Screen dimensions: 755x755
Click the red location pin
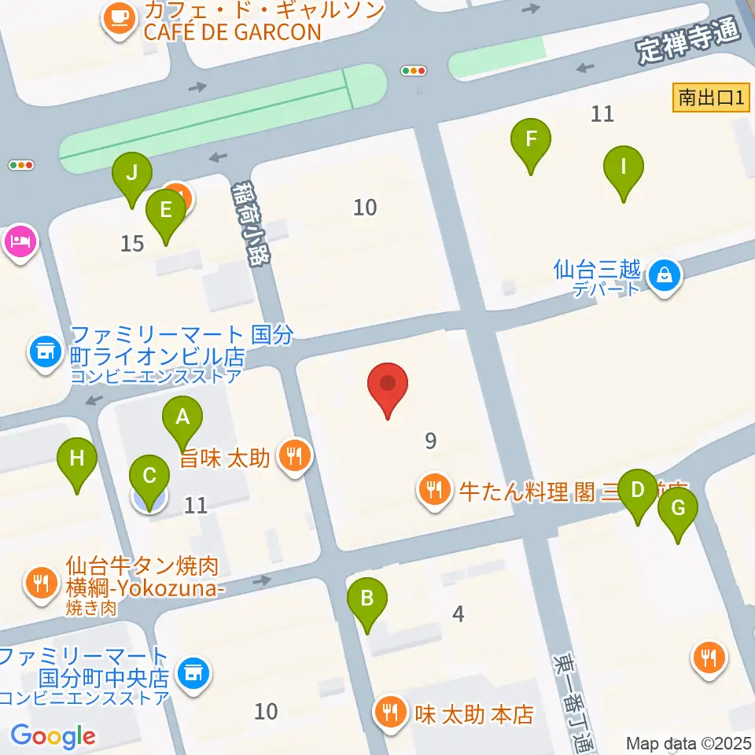click(x=388, y=385)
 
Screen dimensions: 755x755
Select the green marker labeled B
click(x=366, y=599)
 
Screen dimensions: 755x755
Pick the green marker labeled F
click(x=531, y=142)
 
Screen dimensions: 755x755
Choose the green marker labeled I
click(x=624, y=168)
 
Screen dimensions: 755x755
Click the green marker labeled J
click(x=131, y=173)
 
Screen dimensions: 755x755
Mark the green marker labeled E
click(x=166, y=211)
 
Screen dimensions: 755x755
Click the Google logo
click(x=53, y=735)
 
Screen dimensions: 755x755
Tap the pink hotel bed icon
click(x=20, y=240)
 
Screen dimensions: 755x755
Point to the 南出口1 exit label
click(x=711, y=98)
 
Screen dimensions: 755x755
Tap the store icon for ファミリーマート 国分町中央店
click(x=191, y=672)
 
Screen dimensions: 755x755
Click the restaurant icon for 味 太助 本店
click(x=390, y=714)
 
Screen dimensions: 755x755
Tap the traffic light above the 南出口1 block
click(x=414, y=71)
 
